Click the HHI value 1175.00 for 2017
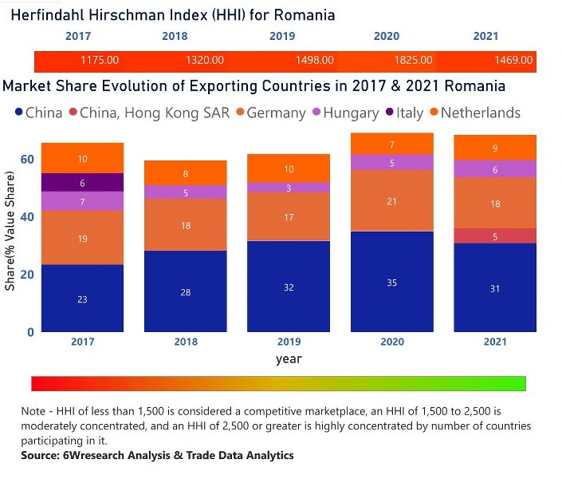(100, 61)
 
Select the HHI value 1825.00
(415, 61)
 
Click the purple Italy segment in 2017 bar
(83, 182)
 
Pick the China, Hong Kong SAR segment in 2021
(495, 236)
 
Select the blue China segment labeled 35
(391, 283)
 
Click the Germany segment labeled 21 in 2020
(391, 201)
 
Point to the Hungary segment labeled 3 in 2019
(289, 188)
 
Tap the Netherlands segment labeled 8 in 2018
(186, 173)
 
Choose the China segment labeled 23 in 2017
(83, 299)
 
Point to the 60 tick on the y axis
(27, 160)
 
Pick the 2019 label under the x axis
(289, 342)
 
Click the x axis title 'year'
(289, 359)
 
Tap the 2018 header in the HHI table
(175, 36)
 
